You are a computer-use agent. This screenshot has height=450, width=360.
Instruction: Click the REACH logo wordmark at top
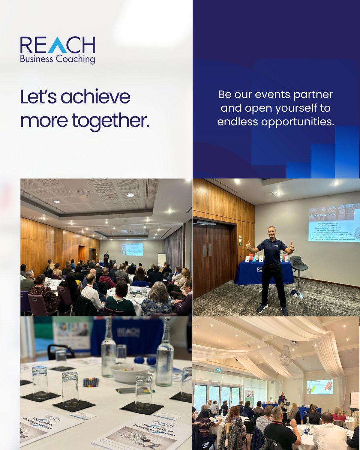[57, 45]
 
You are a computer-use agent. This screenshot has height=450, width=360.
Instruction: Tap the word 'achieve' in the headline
[96, 97]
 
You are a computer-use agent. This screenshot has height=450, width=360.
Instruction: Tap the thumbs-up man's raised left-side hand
[248, 246]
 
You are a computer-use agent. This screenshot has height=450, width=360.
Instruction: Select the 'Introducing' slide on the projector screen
[334, 223]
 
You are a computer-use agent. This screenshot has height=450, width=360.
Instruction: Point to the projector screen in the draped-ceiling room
[320, 387]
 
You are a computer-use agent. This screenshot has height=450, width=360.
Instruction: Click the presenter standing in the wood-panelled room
[106, 258]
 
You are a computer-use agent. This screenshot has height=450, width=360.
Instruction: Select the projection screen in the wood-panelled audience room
[132, 249]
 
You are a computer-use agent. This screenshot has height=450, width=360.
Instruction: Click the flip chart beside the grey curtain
[162, 259]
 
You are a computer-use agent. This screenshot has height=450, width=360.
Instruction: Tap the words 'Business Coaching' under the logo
[57, 59]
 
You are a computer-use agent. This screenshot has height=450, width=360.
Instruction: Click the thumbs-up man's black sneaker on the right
[285, 310]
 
